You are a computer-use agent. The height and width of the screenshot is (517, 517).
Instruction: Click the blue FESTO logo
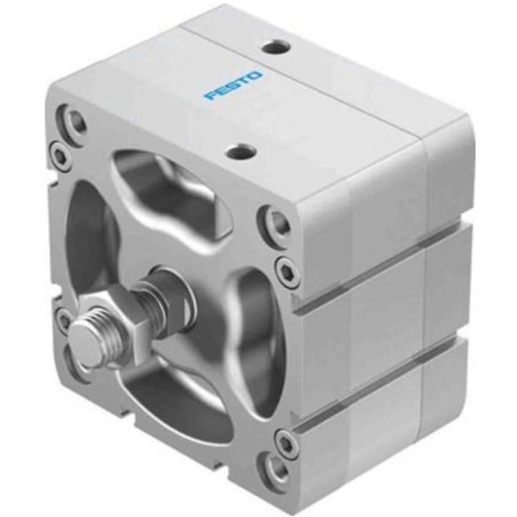click(x=234, y=86)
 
